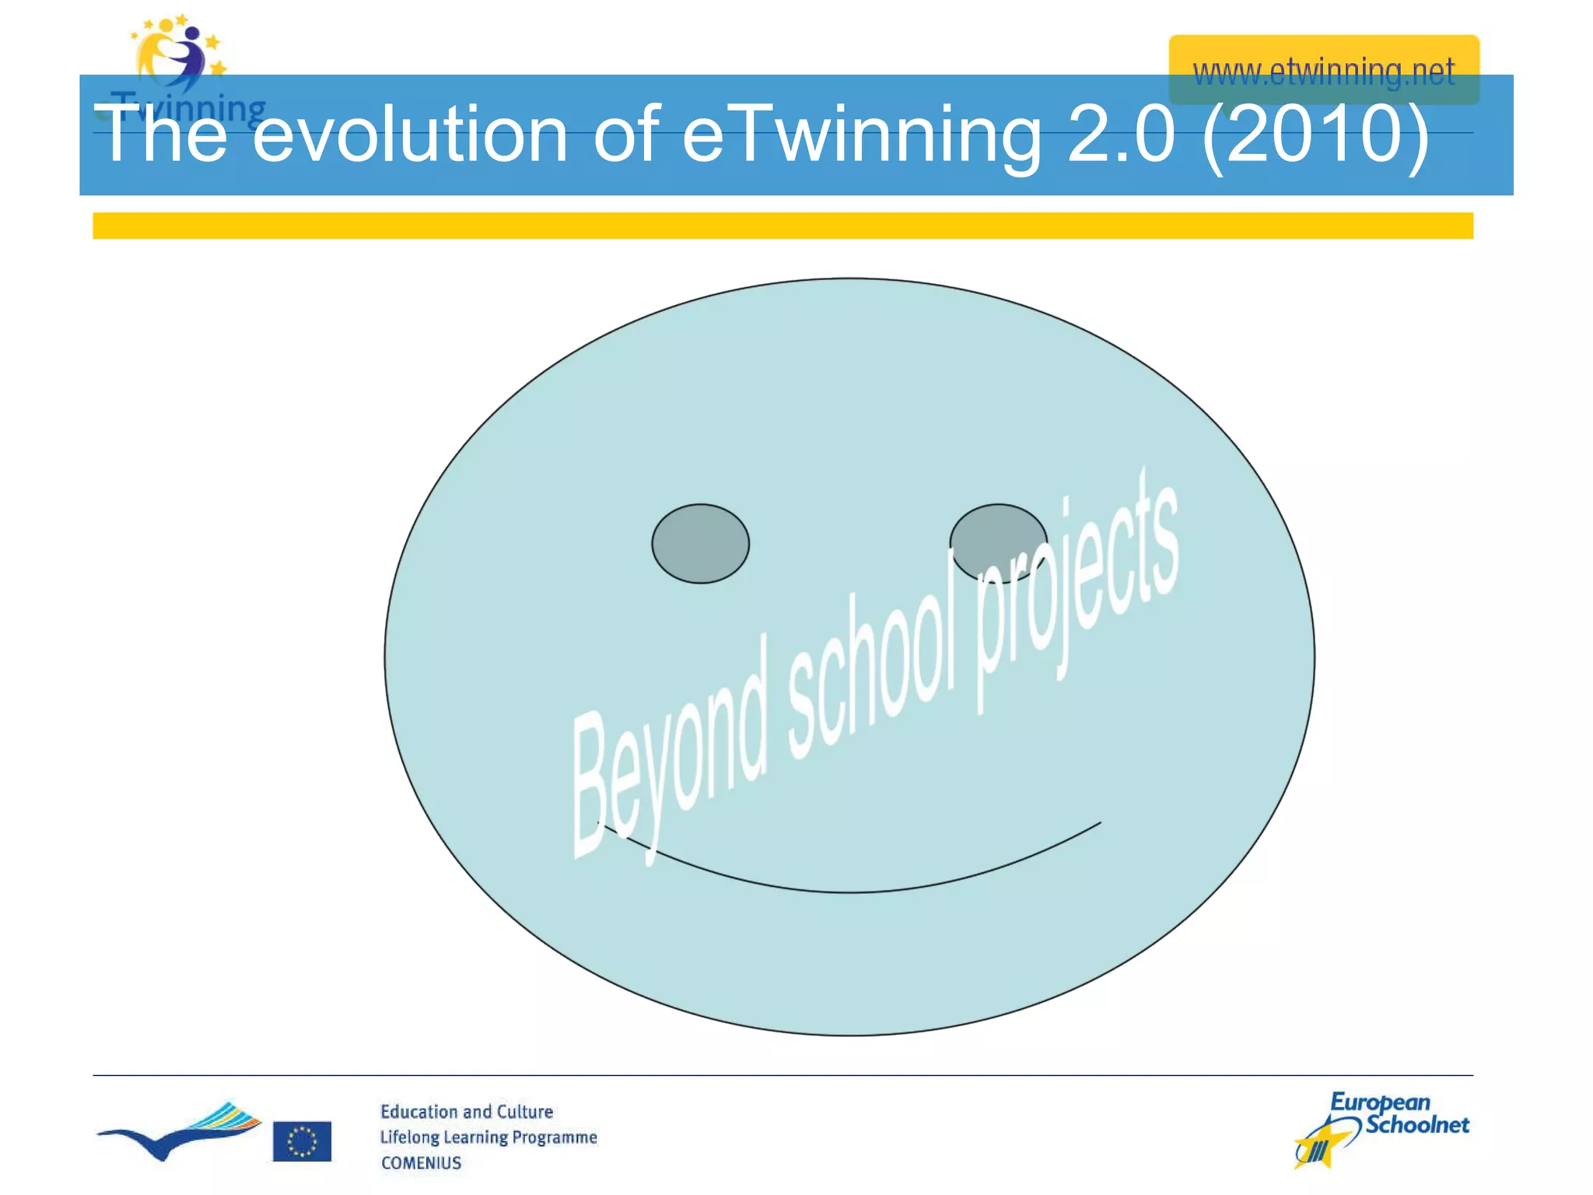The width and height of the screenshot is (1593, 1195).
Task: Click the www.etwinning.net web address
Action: click(x=1323, y=72)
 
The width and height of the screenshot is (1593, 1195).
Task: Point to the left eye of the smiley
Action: click(x=700, y=543)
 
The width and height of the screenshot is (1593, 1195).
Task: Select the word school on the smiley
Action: click(x=871, y=661)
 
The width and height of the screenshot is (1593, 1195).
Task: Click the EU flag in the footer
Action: click(x=302, y=1141)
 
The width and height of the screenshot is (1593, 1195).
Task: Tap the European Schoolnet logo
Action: click(x=1381, y=1128)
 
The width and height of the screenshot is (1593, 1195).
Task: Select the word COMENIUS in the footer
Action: click(x=421, y=1162)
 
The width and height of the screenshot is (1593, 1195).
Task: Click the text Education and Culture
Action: click(x=467, y=1112)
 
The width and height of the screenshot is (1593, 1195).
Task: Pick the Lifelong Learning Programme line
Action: click(x=488, y=1137)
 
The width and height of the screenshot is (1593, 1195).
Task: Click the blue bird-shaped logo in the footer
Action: click(x=179, y=1132)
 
